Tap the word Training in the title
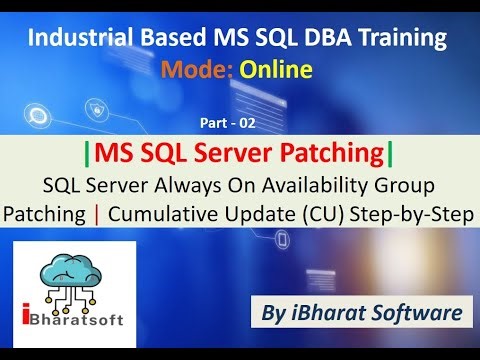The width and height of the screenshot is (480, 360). click(400, 39)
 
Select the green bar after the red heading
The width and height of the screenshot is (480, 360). click(389, 154)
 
